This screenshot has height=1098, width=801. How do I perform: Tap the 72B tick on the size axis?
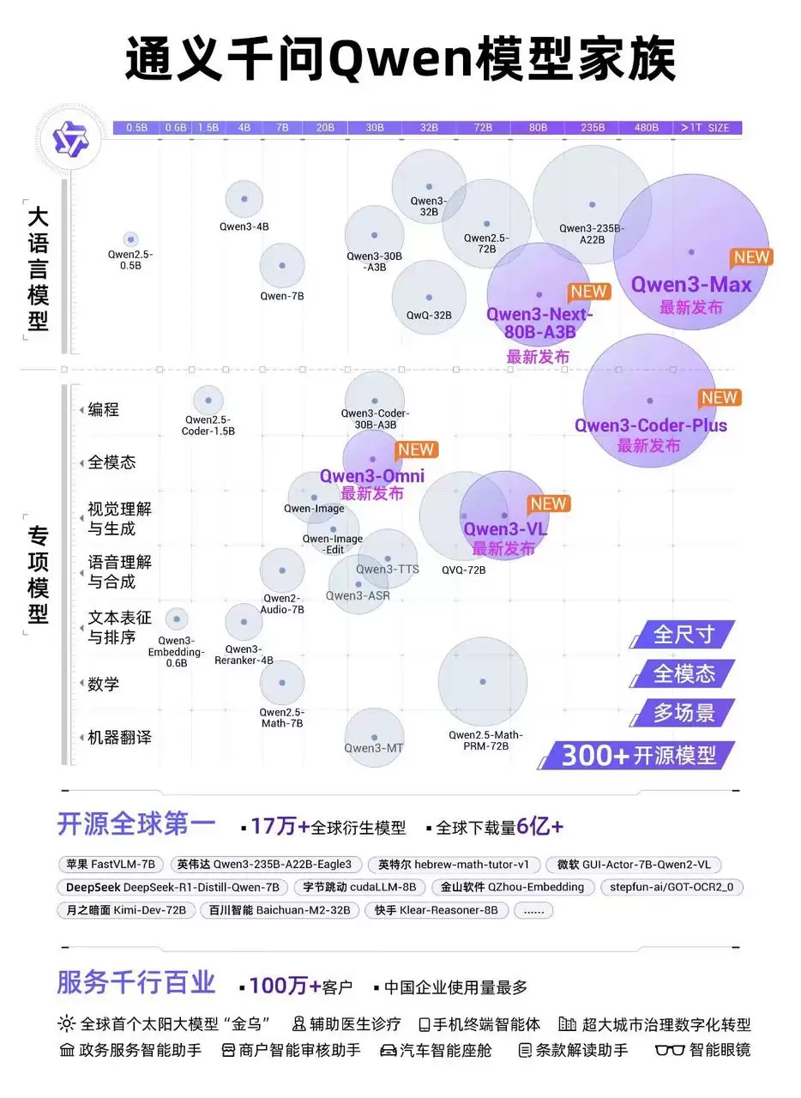(x=483, y=128)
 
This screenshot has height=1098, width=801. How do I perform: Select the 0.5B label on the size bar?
(x=136, y=128)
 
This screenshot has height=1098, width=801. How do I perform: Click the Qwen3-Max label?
(x=691, y=285)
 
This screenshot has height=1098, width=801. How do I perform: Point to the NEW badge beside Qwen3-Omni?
(x=417, y=449)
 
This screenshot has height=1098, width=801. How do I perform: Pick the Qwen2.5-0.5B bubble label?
(x=130, y=260)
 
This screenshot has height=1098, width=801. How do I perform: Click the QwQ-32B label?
(x=429, y=316)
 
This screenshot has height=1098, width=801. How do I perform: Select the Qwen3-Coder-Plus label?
(x=650, y=425)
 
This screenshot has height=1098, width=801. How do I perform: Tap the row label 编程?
(x=104, y=410)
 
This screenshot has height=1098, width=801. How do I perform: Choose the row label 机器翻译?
(x=119, y=738)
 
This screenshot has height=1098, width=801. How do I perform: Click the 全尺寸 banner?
(x=684, y=635)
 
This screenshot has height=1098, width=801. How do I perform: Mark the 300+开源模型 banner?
(x=638, y=755)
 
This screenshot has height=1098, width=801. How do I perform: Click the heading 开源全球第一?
(x=136, y=824)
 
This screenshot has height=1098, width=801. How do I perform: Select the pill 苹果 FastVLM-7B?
(x=111, y=864)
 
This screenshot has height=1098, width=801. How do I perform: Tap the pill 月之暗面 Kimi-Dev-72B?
(x=126, y=910)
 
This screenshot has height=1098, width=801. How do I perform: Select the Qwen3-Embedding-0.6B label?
(x=176, y=652)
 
